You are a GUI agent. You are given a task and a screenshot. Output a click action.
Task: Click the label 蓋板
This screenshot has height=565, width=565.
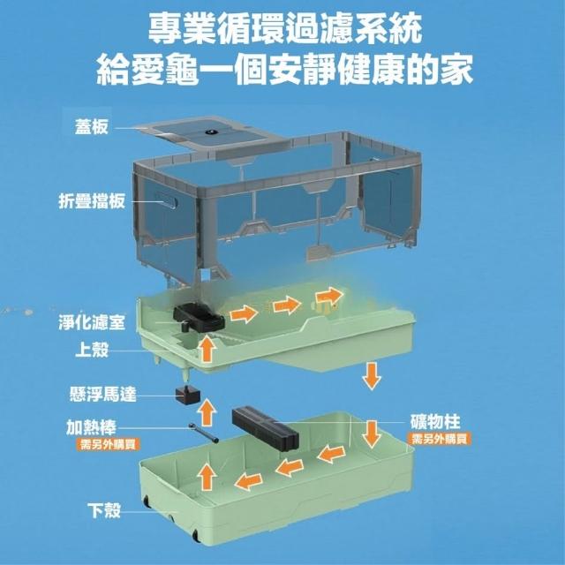[x=92, y=127]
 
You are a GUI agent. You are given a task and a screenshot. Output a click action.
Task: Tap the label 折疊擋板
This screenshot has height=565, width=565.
[x=92, y=200]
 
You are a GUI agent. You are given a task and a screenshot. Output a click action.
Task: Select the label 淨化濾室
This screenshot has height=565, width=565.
[x=92, y=321]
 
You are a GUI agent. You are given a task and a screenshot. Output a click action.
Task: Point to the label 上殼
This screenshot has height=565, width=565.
[x=92, y=350]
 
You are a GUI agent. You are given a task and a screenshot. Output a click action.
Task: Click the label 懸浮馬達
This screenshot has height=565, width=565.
[x=103, y=395]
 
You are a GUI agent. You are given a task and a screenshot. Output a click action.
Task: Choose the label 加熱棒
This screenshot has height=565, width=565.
[x=92, y=427]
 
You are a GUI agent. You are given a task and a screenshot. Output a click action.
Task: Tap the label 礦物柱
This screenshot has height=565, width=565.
[x=435, y=422]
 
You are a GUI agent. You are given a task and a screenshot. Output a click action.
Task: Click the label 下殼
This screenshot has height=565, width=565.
[x=104, y=510]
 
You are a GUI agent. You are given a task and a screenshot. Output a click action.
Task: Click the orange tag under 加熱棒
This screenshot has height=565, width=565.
[x=108, y=444]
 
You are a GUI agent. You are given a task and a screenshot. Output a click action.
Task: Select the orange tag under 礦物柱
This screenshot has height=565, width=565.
[x=440, y=439]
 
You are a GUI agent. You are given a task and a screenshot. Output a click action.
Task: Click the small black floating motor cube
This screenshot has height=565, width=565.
[x=187, y=395]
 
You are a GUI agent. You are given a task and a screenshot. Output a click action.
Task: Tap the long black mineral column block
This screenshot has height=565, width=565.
[x=265, y=426]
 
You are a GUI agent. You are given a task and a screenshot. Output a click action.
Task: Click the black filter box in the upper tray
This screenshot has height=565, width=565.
[x=199, y=318]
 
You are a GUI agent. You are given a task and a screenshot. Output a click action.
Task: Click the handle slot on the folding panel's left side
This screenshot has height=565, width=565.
[x=167, y=201]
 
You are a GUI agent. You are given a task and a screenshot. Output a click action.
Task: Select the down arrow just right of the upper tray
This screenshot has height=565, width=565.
[x=372, y=376]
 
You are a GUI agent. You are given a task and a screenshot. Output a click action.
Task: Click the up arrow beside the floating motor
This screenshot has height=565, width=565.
[x=207, y=412]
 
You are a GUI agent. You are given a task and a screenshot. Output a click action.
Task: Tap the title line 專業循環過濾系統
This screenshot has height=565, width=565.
[x=285, y=29]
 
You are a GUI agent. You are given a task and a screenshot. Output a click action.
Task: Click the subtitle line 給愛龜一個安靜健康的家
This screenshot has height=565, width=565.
[x=284, y=70]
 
